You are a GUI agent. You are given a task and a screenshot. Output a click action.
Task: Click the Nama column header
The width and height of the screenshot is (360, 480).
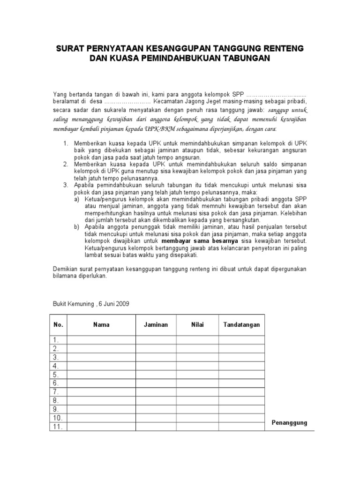(101, 324)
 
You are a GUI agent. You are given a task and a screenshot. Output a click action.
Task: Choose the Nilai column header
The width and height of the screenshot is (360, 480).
(197, 324)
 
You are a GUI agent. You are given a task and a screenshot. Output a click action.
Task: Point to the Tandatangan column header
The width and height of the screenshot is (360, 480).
(241, 324)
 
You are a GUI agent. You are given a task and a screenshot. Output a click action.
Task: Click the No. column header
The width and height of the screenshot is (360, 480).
(58, 324)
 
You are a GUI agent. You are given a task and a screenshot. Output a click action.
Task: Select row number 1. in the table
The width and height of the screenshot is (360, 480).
(56, 340)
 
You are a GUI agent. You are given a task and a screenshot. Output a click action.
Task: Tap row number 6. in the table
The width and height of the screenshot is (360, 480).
(56, 383)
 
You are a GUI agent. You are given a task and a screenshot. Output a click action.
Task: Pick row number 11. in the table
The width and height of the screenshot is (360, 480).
(57, 427)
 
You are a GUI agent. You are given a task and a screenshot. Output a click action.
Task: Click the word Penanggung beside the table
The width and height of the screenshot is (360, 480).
(289, 423)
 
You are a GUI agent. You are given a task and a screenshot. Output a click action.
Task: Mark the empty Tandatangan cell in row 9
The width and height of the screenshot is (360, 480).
(241, 409)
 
